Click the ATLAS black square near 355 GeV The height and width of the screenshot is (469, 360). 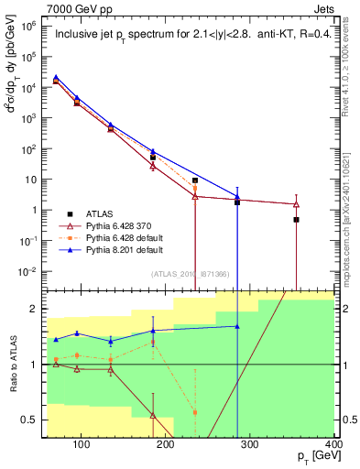[296, 220]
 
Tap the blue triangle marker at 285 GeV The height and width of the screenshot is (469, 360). [237, 197]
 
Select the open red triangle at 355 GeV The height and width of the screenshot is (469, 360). [296, 203]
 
